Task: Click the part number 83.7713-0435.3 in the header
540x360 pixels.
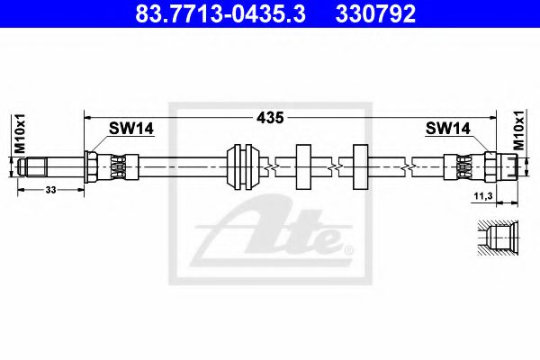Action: [x=220, y=13]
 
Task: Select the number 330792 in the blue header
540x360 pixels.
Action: [x=375, y=13]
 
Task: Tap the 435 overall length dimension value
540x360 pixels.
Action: [x=270, y=118]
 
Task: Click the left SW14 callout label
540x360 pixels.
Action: [x=131, y=129]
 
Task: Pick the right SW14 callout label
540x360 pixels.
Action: [x=447, y=129]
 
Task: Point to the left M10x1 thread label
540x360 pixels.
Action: [x=20, y=133]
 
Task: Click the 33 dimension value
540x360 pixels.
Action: [x=50, y=190]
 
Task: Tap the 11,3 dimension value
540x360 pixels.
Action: [x=483, y=196]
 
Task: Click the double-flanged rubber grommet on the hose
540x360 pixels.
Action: [x=243, y=166]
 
